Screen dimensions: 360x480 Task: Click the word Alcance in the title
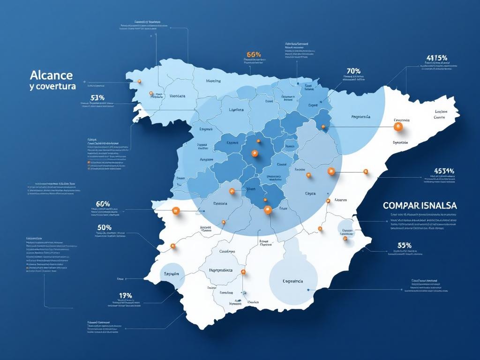[x=51, y=75]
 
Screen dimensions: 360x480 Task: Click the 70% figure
[x=353, y=71]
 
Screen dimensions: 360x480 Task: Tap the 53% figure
[x=97, y=97]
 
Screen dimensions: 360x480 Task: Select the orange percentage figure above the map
[x=253, y=54]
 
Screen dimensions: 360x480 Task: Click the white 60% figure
[x=103, y=204]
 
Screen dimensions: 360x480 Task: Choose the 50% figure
[x=104, y=227]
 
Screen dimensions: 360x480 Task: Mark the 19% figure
[x=125, y=295]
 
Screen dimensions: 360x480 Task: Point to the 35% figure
[x=404, y=245]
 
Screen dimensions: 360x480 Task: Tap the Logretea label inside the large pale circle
[x=293, y=281]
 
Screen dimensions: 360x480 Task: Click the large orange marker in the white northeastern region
[x=398, y=126]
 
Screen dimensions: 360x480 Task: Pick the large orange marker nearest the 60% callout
[x=176, y=211]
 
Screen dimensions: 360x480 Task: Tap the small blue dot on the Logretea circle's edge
[x=308, y=290]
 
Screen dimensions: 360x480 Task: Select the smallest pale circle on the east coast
[x=347, y=228]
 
